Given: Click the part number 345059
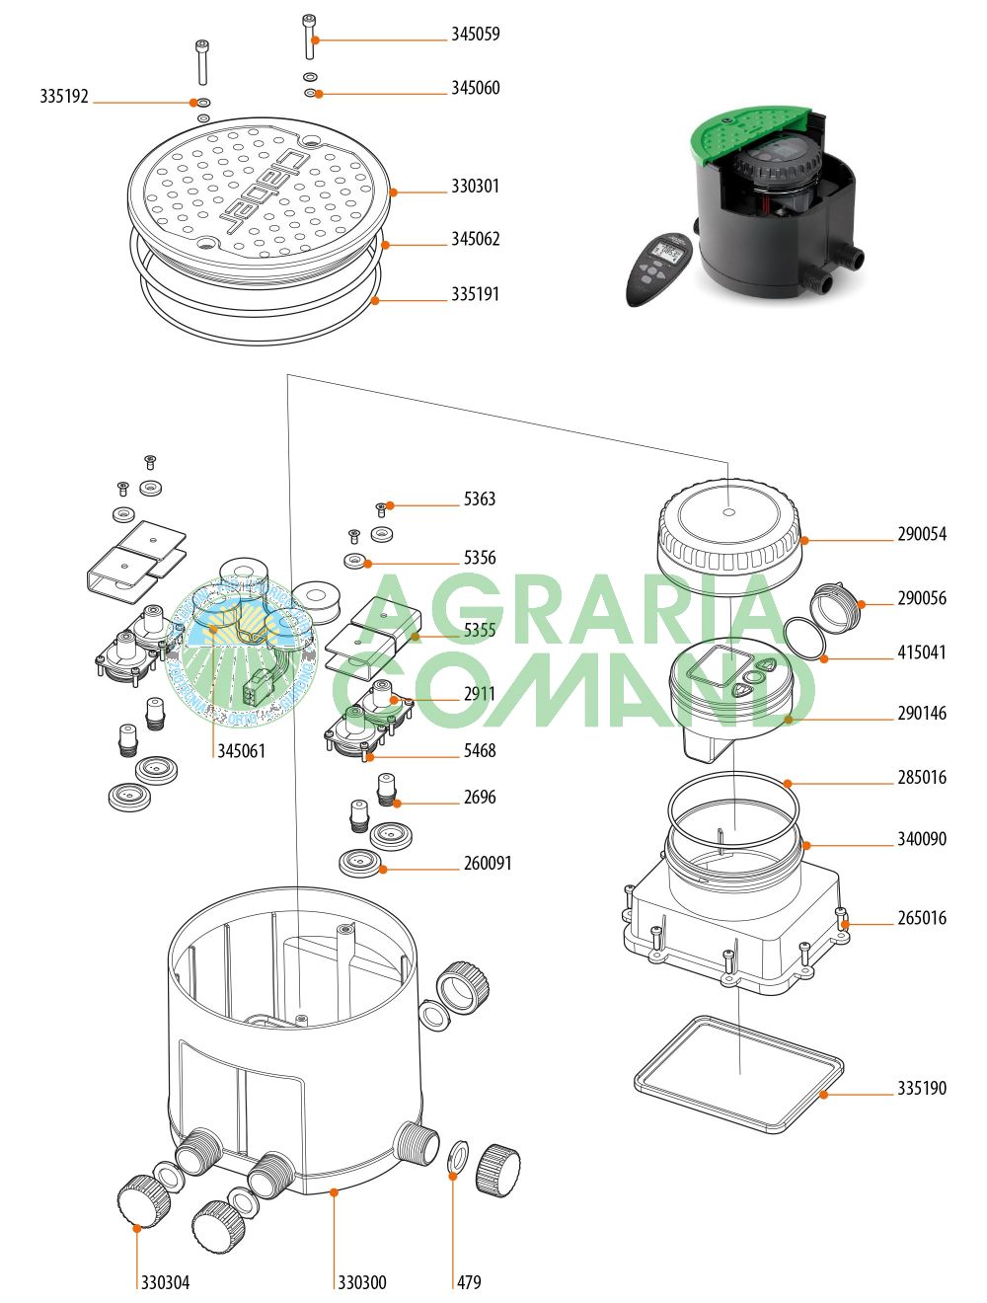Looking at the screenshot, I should pyautogui.click(x=475, y=35).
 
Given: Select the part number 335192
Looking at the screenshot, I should pyautogui.click(x=64, y=97).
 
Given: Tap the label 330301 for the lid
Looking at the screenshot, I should pyautogui.click(x=475, y=187).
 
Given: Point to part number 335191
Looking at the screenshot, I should pyautogui.click(x=475, y=294).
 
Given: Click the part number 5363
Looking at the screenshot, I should pyautogui.click(x=480, y=499).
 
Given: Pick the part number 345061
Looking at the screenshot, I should pyautogui.click(x=241, y=751).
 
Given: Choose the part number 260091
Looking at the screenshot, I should pyautogui.click(x=488, y=864).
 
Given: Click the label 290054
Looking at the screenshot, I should pyautogui.click(x=921, y=535).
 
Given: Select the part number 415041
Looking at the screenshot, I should pyautogui.click(x=921, y=653).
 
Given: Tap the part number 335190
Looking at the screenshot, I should pyautogui.click(x=921, y=1089).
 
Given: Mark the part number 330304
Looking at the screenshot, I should pyautogui.click(x=165, y=1282).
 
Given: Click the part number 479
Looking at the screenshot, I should pyautogui.click(x=469, y=1282).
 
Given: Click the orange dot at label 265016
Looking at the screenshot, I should pyautogui.click(x=846, y=925).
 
